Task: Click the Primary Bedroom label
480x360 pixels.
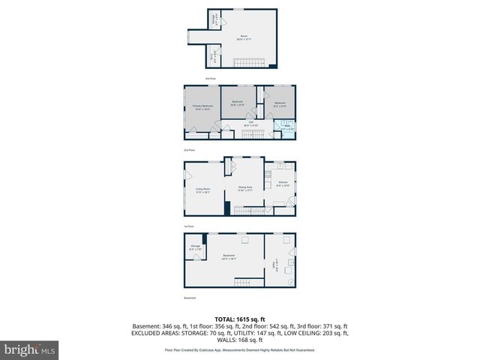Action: coord(202,107)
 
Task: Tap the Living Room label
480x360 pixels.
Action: coord(202,190)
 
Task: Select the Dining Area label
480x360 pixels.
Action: coord(245,188)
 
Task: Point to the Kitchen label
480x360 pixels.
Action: coord(282,184)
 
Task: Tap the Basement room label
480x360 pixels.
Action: coord(229,258)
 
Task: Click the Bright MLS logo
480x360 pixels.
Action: coord(29,349)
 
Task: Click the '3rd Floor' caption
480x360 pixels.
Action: coord(211,78)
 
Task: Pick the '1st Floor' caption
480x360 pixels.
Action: coord(190,225)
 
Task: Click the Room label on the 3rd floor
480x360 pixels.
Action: coord(244,37)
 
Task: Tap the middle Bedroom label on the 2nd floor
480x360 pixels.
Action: coord(237,103)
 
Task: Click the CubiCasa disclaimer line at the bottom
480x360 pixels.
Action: coord(240,349)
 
